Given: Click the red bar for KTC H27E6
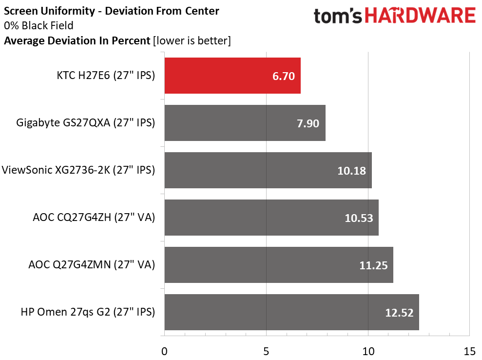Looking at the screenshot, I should [x=232, y=76].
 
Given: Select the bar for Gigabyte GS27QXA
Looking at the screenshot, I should [x=245, y=123].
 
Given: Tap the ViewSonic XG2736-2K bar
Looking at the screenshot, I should [x=268, y=170].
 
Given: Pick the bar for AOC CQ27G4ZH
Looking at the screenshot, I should [x=271, y=218].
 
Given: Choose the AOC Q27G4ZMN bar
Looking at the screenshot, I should [x=279, y=265].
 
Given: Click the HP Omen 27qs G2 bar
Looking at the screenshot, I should [x=291, y=312].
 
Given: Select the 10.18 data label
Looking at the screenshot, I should [x=351, y=171].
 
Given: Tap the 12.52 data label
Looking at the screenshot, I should [x=399, y=313].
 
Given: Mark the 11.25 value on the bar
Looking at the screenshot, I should [x=373, y=265].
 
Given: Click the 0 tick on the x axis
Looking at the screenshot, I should [x=165, y=351].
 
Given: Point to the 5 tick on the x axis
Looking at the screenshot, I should [x=267, y=351].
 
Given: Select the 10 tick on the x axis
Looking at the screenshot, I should [x=368, y=351].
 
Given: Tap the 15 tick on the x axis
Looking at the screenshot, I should [x=469, y=351].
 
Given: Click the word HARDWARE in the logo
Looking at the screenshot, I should [x=421, y=16].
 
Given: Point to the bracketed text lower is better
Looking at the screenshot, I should [x=192, y=41].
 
